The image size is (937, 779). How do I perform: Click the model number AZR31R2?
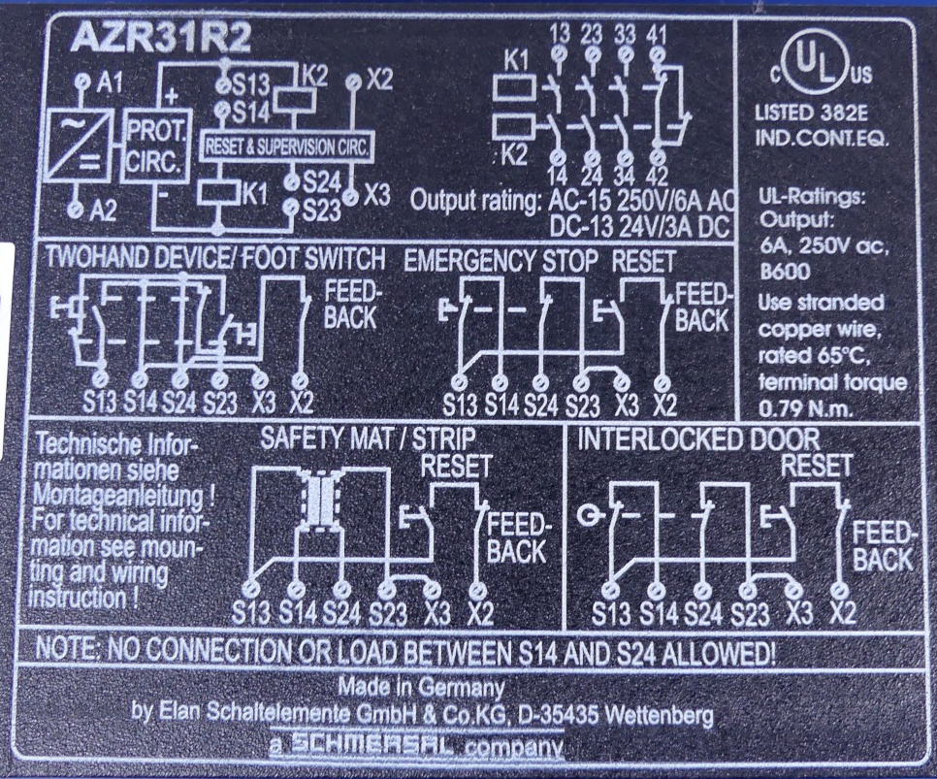[160, 41]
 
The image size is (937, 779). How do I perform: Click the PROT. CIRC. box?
[155, 146]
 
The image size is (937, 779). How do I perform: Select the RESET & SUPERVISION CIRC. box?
[287, 147]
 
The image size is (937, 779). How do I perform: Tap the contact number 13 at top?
[560, 34]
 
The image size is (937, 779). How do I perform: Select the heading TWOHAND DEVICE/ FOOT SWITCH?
[215, 258]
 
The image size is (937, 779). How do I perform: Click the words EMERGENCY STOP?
[501, 261]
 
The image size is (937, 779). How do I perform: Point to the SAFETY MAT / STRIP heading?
[369, 438]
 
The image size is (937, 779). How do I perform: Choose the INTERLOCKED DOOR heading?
[698, 439]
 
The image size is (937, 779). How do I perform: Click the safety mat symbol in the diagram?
[320, 500]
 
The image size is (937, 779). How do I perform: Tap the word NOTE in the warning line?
[61, 649]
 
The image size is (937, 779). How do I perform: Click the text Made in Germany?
[421, 687]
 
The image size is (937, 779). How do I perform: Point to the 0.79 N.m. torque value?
[805, 409]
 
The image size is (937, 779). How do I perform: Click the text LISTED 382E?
[811, 114]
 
